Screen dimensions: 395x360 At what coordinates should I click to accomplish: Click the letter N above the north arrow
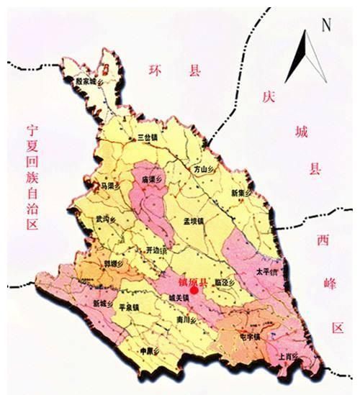325,24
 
